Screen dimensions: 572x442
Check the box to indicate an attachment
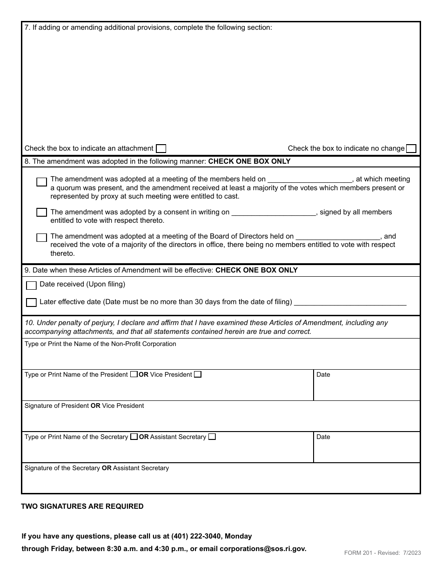click(161, 149)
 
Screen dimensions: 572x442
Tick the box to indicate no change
click(411, 149)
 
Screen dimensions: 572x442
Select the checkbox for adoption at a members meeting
click(42, 182)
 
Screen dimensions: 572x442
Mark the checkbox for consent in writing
click(42, 213)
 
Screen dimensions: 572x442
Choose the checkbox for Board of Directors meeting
click(42, 238)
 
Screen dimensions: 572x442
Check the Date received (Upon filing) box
click(31, 286)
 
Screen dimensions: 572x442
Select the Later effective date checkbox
click(31, 303)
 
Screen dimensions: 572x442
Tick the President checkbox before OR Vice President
click(134, 374)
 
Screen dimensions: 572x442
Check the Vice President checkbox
click(198, 374)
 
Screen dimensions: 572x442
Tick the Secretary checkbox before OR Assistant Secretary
click(134, 437)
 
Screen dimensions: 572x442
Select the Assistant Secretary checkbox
click(212, 437)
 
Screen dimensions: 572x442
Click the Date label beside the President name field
click(323, 375)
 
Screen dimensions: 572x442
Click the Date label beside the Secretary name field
click(323, 437)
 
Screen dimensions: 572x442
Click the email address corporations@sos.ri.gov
click(263, 549)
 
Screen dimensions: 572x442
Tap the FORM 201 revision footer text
click(382, 553)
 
